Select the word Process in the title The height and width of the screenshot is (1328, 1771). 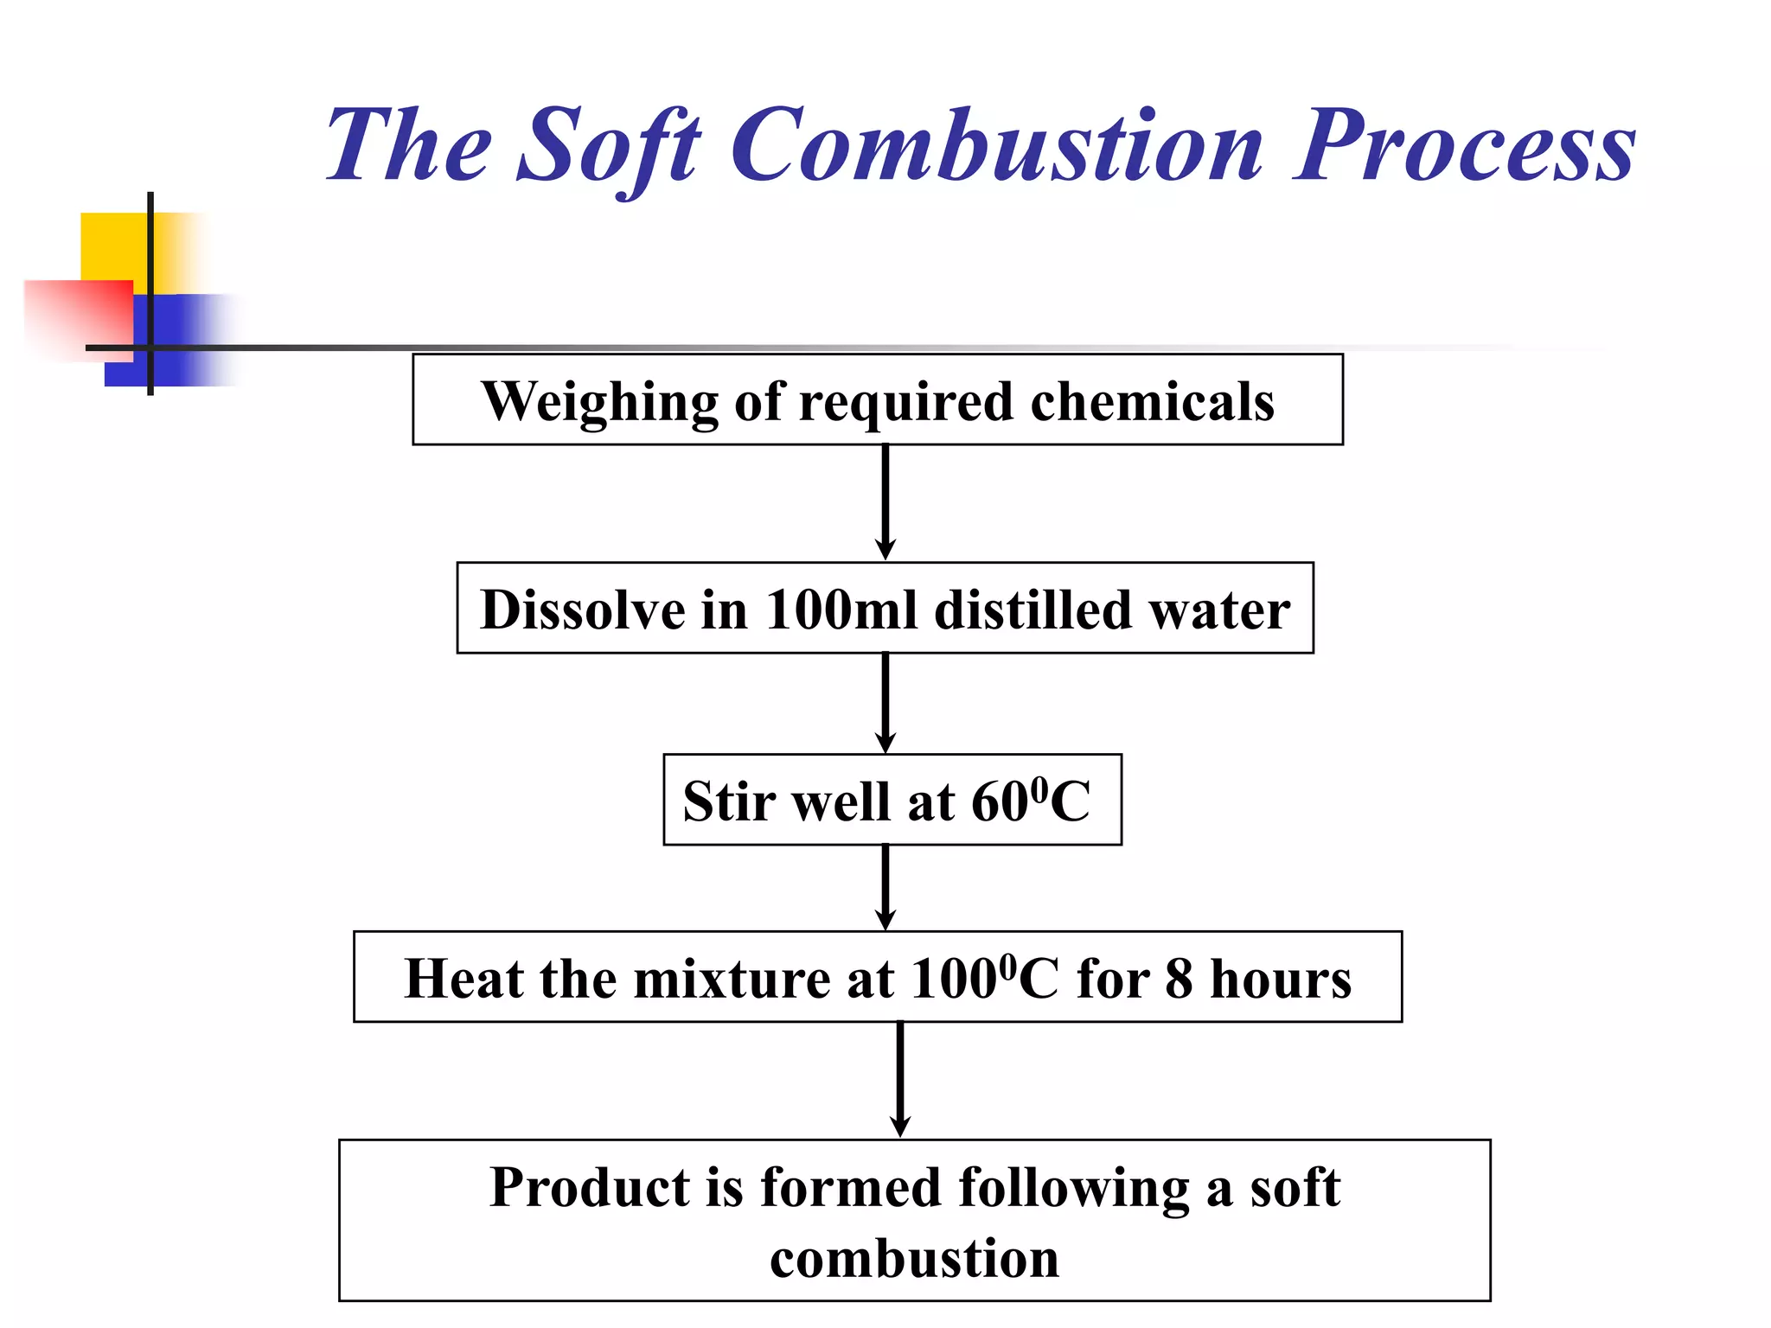(1464, 145)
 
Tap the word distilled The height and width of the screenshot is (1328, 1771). (1033, 610)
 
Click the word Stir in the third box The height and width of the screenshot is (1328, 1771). (729, 801)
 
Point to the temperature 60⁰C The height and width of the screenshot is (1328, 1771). (1030, 801)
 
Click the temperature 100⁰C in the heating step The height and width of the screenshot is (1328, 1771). (984, 979)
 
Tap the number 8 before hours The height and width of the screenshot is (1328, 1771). (1180, 980)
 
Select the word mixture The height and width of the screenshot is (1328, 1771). (732, 980)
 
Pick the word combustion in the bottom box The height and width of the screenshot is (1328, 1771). (914, 1259)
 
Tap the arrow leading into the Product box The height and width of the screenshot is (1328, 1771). (899, 1080)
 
